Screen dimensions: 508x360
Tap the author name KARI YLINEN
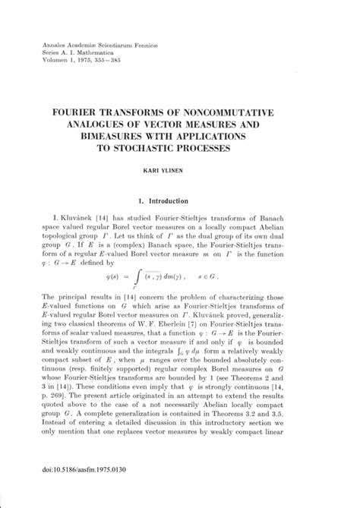pos(180,172)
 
